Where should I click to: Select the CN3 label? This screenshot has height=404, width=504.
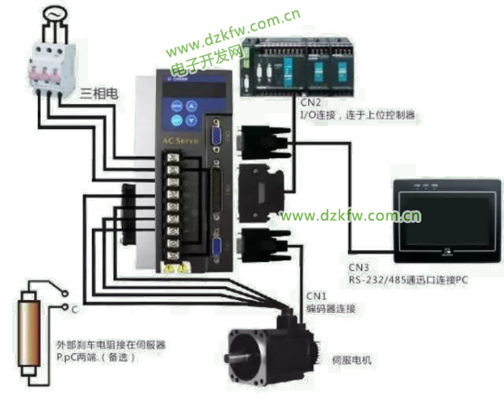tap(358, 266)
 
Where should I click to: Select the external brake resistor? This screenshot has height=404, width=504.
tap(30, 334)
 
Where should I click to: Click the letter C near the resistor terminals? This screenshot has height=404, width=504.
tap(73, 310)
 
